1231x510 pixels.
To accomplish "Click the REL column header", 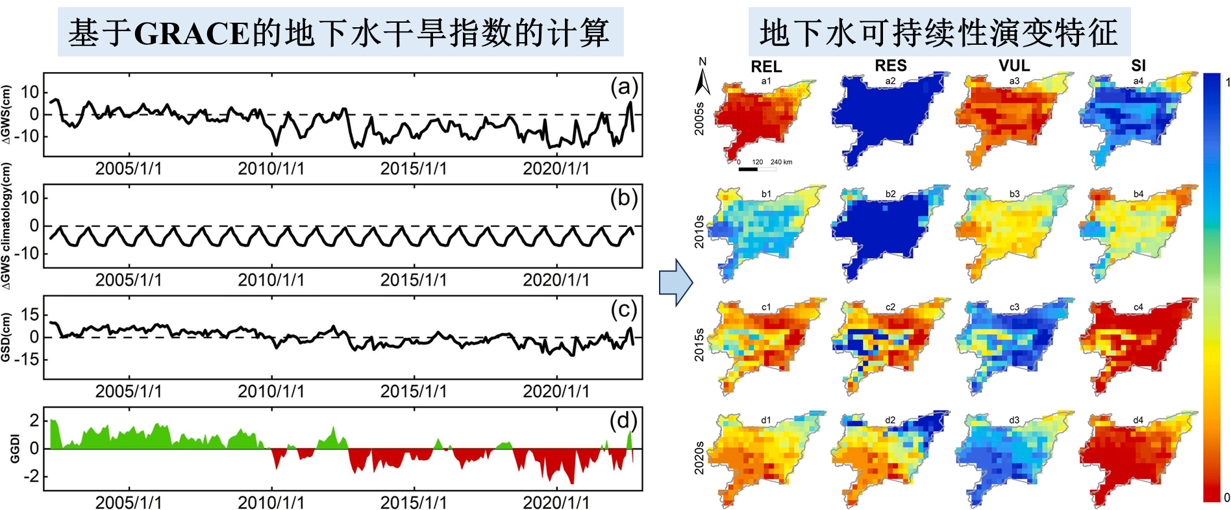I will point(766,67).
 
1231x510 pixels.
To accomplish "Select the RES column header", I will point(890,66).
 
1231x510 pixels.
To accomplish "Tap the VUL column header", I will point(1014,66).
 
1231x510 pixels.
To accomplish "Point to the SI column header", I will point(1138,66).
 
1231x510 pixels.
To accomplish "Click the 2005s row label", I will point(699,118).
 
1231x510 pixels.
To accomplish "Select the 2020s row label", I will point(699,457).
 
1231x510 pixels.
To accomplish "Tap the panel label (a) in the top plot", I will point(624,87).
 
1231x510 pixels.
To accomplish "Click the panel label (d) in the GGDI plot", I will point(623,421).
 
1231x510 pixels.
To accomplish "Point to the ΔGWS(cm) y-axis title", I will point(6,114).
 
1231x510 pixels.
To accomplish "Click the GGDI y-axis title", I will point(14,449).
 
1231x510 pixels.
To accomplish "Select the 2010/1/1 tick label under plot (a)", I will point(271,169).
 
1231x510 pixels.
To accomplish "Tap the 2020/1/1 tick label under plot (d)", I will point(556,502).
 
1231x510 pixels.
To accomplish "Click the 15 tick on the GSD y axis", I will point(30,315).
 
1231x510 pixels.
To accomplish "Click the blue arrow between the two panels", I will point(675,283).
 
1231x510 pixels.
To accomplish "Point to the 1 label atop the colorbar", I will point(1227,82).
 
